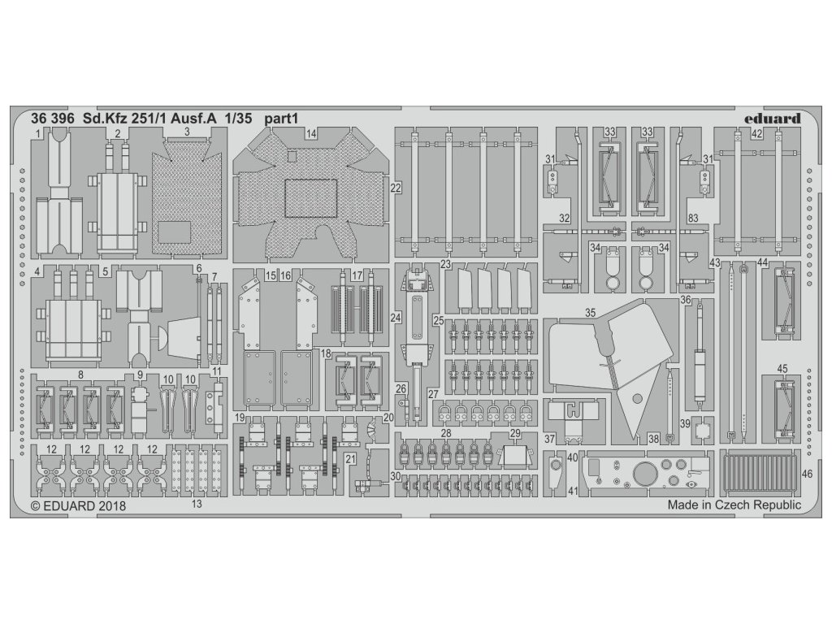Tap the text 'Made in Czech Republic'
click(x=734, y=505)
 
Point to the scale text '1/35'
click(x=271, y=117)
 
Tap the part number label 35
click(x=591, y=310)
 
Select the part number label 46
click(x=806, y=472)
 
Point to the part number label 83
click(x=692, y=218)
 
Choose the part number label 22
click(x=396, y=188)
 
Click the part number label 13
click(x=197, y=504)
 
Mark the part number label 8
click(x=80, y=375)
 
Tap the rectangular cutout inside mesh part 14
click(x=310, y=197)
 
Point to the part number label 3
click(x=187, y=131)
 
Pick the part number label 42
click(x=756, y=135)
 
